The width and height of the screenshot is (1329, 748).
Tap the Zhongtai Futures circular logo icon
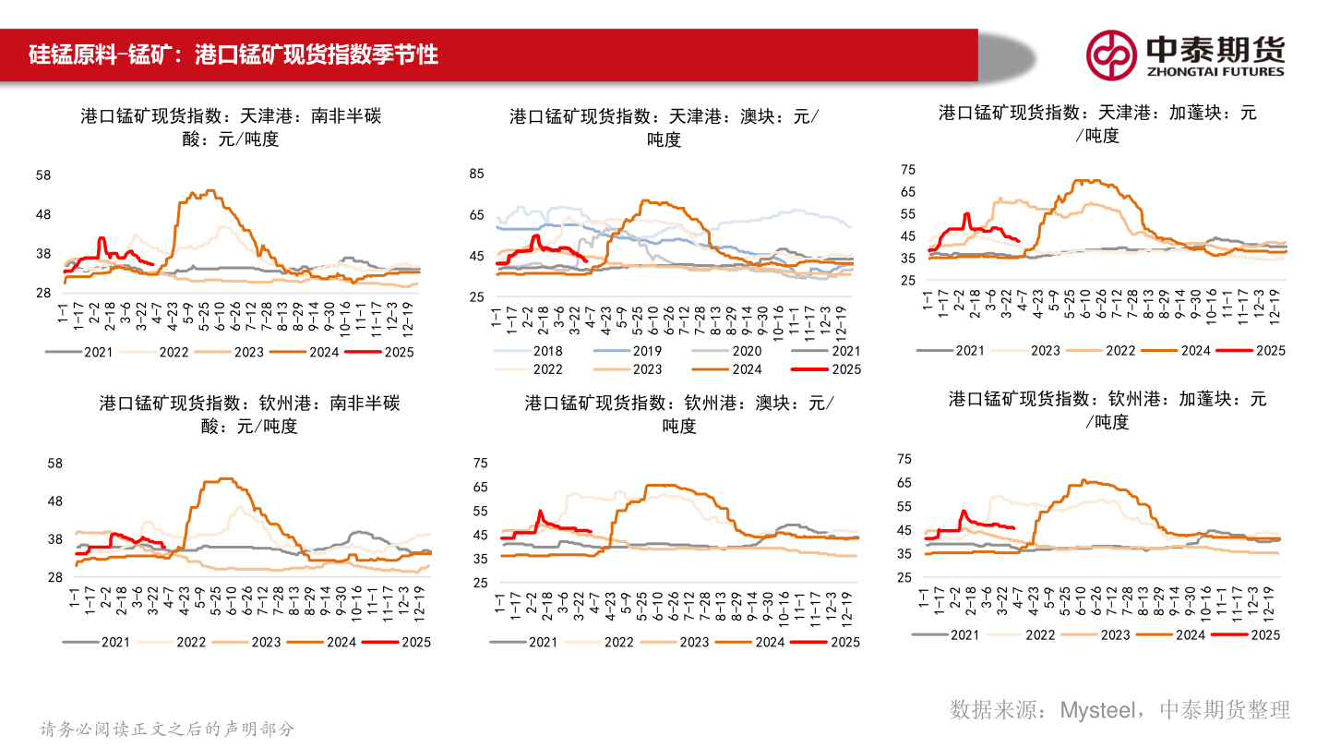click(1110, 54)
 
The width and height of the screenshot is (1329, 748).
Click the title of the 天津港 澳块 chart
click(664, 127)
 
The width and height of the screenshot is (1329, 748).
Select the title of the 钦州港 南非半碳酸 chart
click(249, 415)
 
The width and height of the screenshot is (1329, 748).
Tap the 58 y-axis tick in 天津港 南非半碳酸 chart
click(42, 175)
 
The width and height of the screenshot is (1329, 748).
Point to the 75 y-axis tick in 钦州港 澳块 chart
click(479, 464)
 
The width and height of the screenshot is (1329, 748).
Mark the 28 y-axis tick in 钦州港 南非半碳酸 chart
click(54, 577)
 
